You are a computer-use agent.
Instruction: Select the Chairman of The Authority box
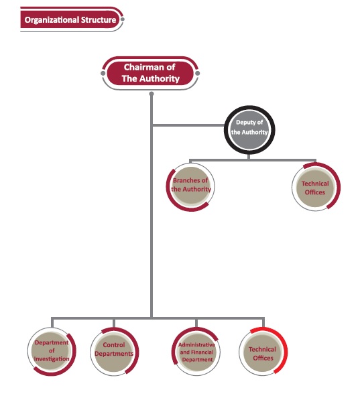pos(150,73)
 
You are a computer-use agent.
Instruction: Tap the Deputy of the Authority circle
pos(249,130)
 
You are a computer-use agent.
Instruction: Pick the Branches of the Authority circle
pos(190,187)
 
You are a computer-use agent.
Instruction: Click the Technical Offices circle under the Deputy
pos(316,188)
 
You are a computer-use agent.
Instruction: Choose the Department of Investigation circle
pos(52,351)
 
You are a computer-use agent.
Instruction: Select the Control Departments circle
pos(114,352)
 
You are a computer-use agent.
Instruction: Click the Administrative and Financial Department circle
pos(196,352)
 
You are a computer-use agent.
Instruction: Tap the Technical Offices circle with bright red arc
pos(263,351)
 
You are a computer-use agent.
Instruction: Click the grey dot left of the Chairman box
pos(103,73)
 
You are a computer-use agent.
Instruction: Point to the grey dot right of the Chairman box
pos(197,73)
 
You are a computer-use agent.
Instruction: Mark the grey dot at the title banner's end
pos(122,19)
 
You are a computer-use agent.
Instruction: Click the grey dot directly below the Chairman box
pos(152,94)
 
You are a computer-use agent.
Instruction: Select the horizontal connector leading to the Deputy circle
pos(188,125)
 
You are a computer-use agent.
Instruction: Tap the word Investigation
pos(52,359)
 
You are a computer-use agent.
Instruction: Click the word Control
pos(114,344)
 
